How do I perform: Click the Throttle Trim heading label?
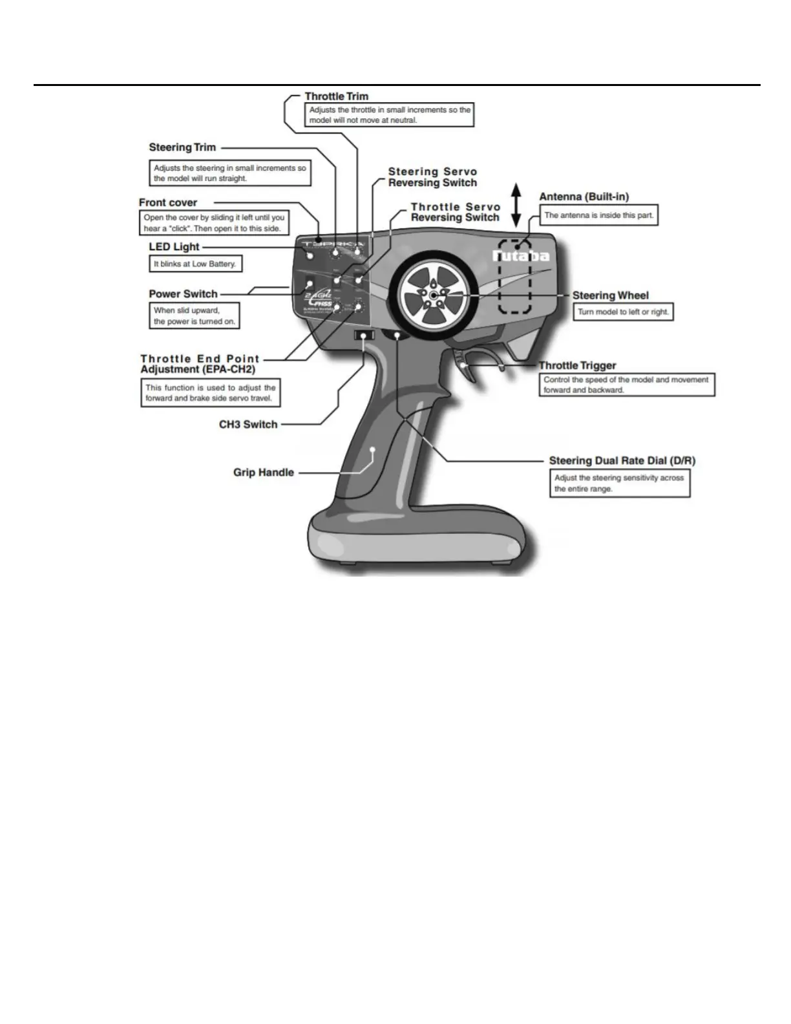[336, 96]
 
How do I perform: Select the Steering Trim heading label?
[182, 147]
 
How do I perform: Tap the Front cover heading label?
[167, 202]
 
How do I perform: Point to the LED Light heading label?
[174, 246]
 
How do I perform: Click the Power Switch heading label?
[183, 293]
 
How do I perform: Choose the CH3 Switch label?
[248, 425]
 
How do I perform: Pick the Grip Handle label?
[263, 473]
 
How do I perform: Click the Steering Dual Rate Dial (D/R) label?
[622, 461]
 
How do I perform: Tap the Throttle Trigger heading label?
[577, 365]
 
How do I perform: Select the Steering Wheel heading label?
[610, 295]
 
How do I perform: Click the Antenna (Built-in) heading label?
[584, 197]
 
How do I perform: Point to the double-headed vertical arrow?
[516, 204]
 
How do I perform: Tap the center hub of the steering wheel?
[431, 294]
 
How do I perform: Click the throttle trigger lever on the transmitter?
[467, 367]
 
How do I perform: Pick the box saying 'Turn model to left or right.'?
[623, 312]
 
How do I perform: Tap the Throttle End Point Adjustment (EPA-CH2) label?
[200, 364]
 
